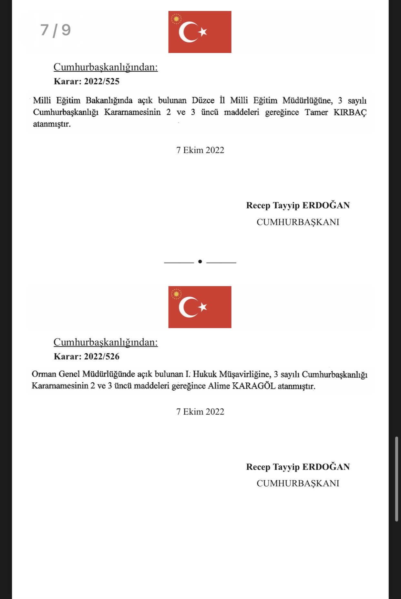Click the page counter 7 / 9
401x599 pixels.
click(x=56, y=30)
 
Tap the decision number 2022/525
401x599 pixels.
click(x=102, y=81)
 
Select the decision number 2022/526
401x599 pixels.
click(x=102, y=356)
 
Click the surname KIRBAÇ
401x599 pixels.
click(x=350, y=112)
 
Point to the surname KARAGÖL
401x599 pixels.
click(x=254, y=386)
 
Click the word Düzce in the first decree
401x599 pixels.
click(x=203, y=100)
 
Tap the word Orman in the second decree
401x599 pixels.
click(x=44, y=374)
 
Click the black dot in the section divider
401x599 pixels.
click(x=200, y=262)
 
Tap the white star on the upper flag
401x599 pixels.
click(x=203, y=32)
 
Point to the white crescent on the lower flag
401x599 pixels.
click(x=187, y=307)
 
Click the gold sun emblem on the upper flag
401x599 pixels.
click(x=176, y=19)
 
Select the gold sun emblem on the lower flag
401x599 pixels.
click(x=176, y=294)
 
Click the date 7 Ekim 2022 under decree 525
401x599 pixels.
click(x=200, y=150)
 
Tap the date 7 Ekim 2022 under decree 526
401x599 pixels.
click(x=200, y=412)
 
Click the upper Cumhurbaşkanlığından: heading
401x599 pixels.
click(x=106, y=67)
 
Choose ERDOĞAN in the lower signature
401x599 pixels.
click(x=326, y=467)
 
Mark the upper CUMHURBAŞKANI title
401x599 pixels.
click(x=298, y=222)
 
